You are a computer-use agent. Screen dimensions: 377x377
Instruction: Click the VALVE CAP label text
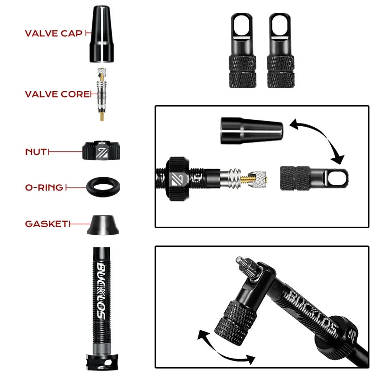(53, 33)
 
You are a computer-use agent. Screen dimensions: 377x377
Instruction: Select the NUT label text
(36, 152)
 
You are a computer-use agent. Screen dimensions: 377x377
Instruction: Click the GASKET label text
(47, 224)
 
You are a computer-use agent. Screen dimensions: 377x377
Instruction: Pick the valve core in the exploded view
(101, 94)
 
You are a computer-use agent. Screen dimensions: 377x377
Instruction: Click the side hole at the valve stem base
(111, 363)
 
